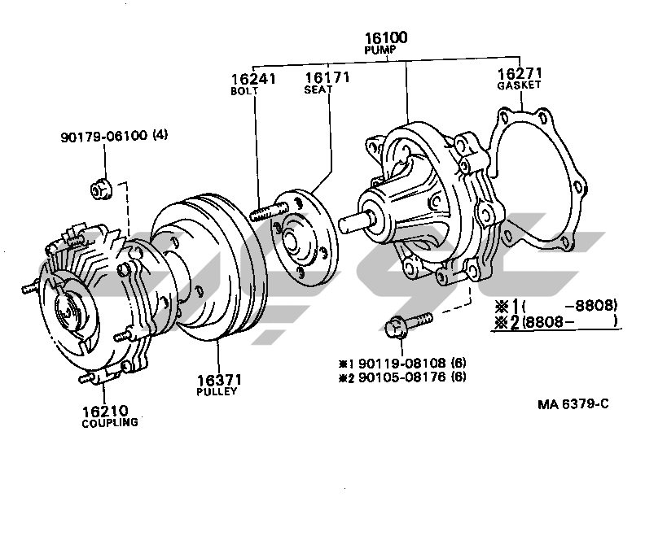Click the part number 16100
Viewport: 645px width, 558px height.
pos(386,37)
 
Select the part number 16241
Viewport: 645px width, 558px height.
pos(252,79)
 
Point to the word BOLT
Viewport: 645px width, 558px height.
pos(244,91)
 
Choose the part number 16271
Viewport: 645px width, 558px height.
pos(519,72)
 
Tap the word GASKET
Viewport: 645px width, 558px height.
pos(520,85)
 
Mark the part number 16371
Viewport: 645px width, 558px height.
pos(217,379)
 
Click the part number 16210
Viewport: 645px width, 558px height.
pos(105,411)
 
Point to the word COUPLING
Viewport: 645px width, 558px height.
pos(109,423)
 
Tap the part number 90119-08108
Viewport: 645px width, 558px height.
pos(406,362)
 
